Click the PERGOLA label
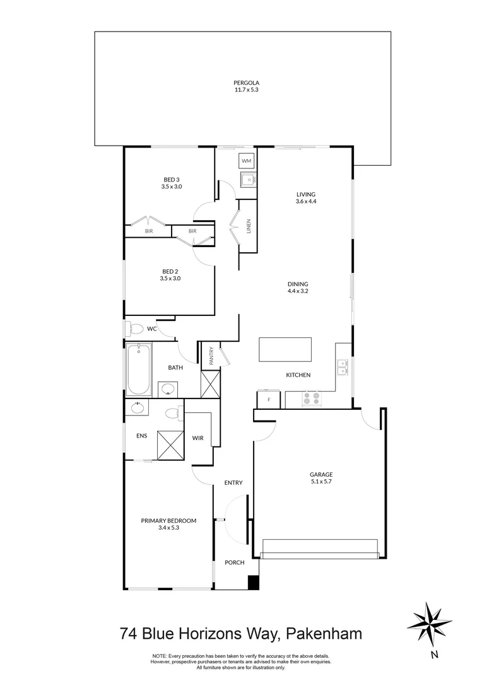click(246, 83)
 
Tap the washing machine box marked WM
click(246, 162)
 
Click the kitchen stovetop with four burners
click(311, 399)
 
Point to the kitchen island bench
click(285, 350)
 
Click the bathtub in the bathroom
click(138, 369)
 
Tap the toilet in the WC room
click(134, 328)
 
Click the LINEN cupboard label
click(249, 226)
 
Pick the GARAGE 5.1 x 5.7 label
click(320, 477)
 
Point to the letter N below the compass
click(434, 655)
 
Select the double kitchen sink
click(341, 367)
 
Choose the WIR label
click(197, 437)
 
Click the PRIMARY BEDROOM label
click(168, 521)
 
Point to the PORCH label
click(234, 562)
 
